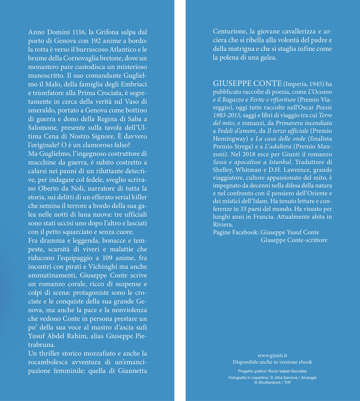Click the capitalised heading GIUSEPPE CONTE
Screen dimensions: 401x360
coord(247,84)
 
